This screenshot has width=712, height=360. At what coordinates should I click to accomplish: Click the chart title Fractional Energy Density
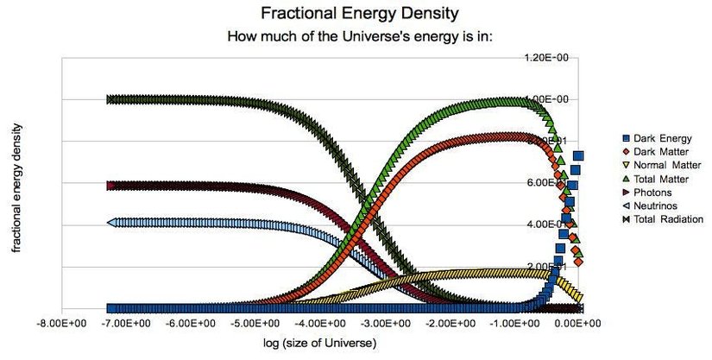click(356, 16)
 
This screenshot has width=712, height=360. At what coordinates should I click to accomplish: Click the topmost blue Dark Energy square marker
click(579, 155)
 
